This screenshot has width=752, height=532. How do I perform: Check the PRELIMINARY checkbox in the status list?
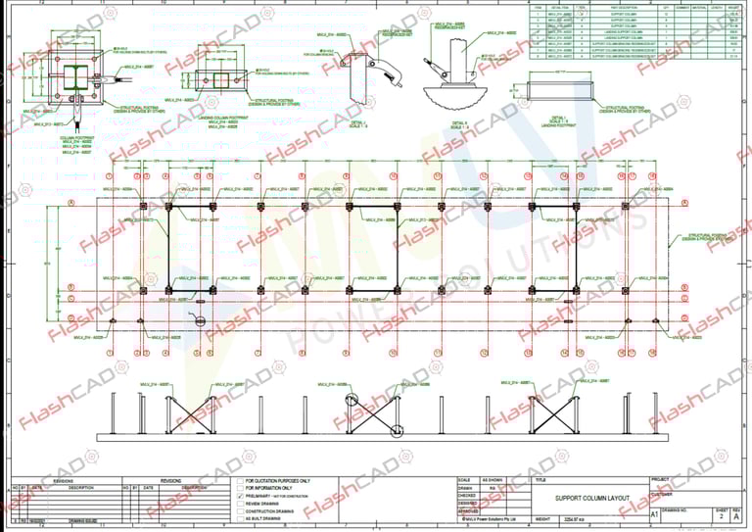coord(240,497)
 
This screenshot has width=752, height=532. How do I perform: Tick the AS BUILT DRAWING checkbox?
coord(240,520)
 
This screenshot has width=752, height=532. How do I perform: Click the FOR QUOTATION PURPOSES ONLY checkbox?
coord(240,481)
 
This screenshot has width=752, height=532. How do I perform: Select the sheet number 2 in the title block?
coord(723,513)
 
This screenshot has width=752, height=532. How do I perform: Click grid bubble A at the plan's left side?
coord(71,204)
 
